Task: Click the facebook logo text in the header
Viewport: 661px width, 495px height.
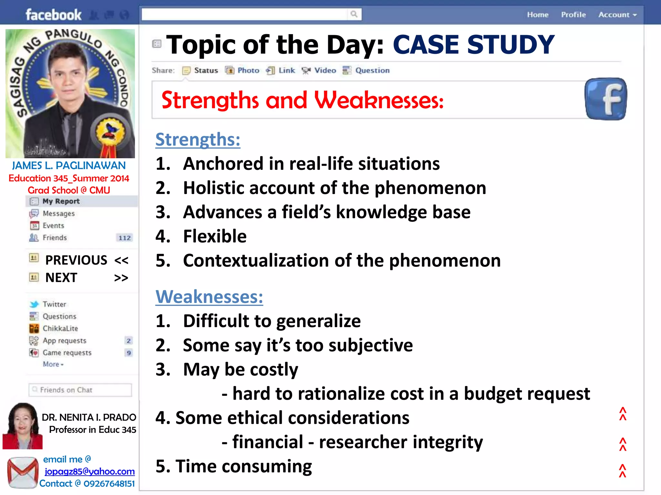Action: tap(53, 15)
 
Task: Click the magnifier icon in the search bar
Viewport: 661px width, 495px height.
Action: tap(354, 14)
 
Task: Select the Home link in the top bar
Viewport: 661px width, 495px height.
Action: tap(538, 15)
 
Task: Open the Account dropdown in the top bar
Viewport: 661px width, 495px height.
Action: tap(617, 15)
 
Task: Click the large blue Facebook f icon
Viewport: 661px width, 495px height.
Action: tap(605, 99)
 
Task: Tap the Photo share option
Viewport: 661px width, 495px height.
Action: tap(242, 70)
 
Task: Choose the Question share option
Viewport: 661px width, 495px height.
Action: tap(366, 70)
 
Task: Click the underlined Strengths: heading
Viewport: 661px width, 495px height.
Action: tap(198, 140)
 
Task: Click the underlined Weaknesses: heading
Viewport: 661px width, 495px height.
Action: tap(209, 296)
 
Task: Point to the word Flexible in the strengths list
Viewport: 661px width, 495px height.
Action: tap(215, 236)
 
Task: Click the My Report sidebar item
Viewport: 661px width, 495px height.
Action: tap(61, 201)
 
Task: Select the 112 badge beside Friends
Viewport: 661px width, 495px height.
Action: tap(125, 238)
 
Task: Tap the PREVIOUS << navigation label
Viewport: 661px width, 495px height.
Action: tap(86, 260)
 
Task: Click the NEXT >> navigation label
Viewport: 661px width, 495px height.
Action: tap(86, 277)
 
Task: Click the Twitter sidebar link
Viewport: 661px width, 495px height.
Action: tap(54, 304)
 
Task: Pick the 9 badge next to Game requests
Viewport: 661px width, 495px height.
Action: tap(129, 353)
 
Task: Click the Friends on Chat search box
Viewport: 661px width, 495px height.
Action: tap(80, 390)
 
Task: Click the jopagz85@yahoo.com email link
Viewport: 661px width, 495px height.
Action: tap(89, 471)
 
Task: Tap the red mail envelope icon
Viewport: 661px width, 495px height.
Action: tap(23, 472)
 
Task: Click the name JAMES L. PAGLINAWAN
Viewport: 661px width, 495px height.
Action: tap(69, 166)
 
